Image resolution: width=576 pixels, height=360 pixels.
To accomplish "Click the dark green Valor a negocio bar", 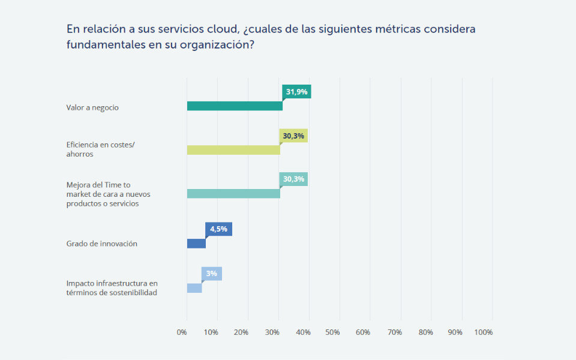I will (234, 106).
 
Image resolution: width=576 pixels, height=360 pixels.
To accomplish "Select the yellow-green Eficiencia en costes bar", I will (233, 150).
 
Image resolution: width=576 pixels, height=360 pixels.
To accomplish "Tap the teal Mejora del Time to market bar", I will (233, 194).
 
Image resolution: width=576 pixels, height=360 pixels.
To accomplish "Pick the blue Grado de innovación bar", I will (196, 244).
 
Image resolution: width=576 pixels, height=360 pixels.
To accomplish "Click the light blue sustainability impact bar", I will (194, 288).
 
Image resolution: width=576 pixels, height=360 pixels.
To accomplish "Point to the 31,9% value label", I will (296, 92).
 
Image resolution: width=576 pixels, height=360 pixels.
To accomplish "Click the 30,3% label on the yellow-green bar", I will (293, 136).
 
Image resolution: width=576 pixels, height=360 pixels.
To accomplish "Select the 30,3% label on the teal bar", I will (293, 179).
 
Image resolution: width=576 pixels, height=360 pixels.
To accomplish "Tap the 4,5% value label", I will (218, 229).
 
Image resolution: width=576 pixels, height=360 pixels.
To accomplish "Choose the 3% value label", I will (211, 274).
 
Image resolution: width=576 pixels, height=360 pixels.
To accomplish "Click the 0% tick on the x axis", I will (182, 332).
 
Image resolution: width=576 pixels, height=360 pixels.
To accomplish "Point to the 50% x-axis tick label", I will (333, 332).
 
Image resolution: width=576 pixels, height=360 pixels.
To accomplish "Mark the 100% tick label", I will (484, 332).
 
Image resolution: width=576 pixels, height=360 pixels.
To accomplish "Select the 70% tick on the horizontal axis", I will (395, 332).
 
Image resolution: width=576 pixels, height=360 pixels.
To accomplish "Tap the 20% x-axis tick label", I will (241, 332).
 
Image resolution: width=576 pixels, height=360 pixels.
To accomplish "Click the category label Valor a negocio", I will (92, 107).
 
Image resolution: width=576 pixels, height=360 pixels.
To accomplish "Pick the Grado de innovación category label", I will (101, 244).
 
